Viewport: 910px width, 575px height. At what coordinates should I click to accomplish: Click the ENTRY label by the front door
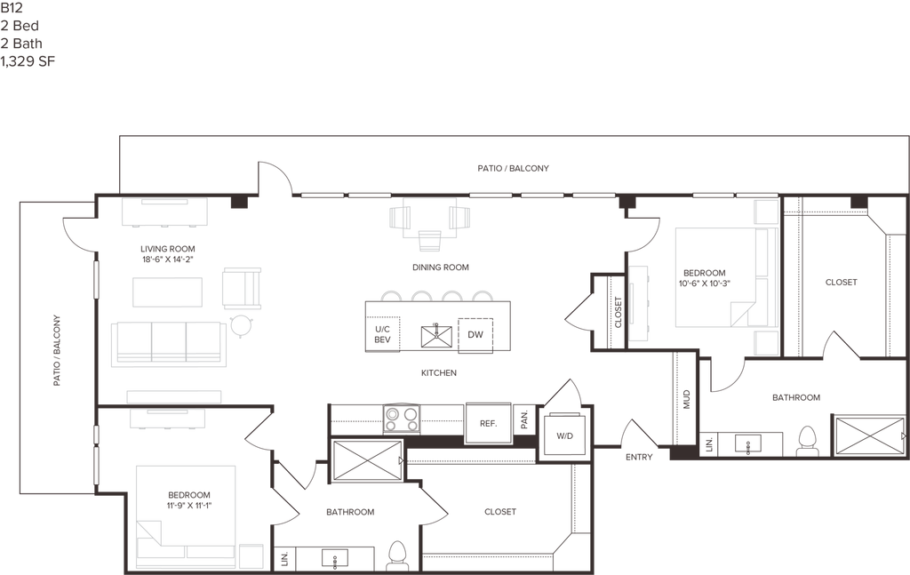coord(639,457)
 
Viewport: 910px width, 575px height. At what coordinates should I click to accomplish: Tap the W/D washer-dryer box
coord(564,435)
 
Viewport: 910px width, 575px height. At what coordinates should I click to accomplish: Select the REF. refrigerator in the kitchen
coord(489,424)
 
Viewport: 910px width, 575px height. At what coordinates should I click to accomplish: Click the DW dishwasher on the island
coord(475,335)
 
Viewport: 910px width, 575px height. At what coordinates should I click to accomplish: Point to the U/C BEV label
coord(382,334)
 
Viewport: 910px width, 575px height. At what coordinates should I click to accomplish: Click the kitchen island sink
coord(436,336)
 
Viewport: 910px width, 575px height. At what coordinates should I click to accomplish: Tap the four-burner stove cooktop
coord(401,419)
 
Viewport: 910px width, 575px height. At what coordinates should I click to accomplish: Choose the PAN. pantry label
coord(524,419)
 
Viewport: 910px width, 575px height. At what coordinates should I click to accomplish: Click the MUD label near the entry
coord(687,399)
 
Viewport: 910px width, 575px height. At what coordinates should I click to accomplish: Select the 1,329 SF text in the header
coord(28,61)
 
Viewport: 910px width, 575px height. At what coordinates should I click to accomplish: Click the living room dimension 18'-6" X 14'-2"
coord(168,260)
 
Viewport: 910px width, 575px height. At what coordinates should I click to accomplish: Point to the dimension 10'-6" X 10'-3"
coord(705,284)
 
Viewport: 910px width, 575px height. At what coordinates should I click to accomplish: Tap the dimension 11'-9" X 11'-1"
coord(189,506)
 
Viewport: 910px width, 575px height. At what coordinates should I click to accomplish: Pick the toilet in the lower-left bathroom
coord(397,555)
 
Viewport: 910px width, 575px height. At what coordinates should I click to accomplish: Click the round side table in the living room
coord(241,325)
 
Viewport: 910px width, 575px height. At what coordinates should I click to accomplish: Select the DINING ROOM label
coord(441,268)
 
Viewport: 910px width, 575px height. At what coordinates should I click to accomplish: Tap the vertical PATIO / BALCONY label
coord(57,350)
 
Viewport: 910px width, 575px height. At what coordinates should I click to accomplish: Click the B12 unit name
coord(11,8)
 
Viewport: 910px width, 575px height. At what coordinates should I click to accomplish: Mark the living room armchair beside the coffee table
coord(242,288)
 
